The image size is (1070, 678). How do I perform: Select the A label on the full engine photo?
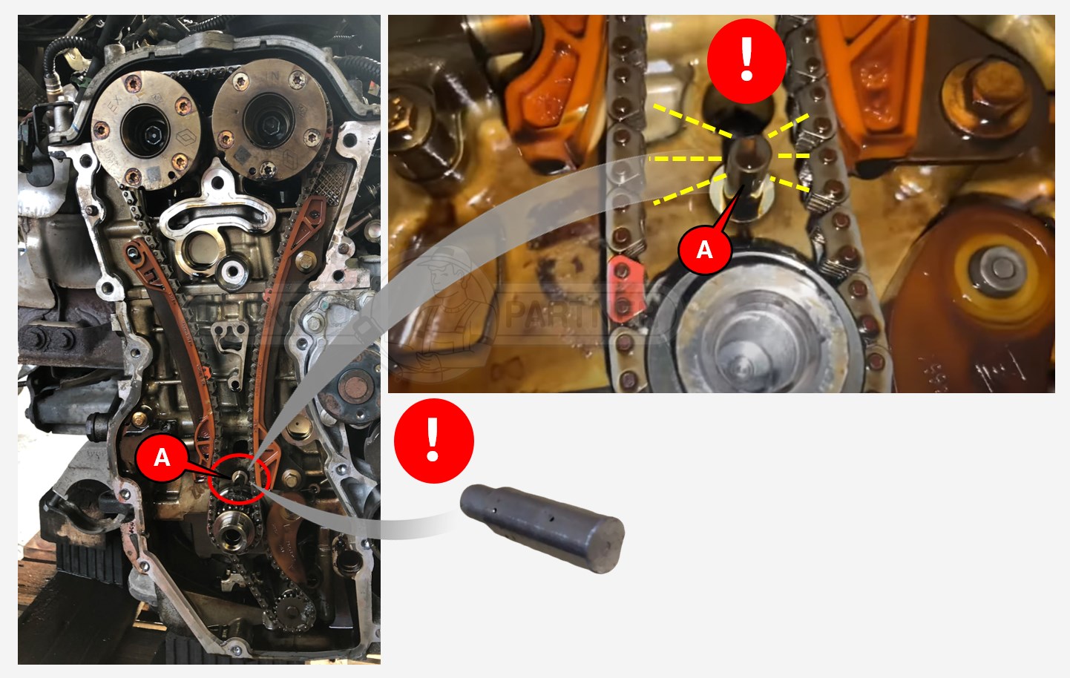click(162, 457)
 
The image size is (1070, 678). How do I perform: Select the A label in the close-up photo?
click(704, 249)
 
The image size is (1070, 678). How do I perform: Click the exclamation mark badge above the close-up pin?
click(746, 60)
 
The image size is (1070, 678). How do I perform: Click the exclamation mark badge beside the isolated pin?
click(433, 441)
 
